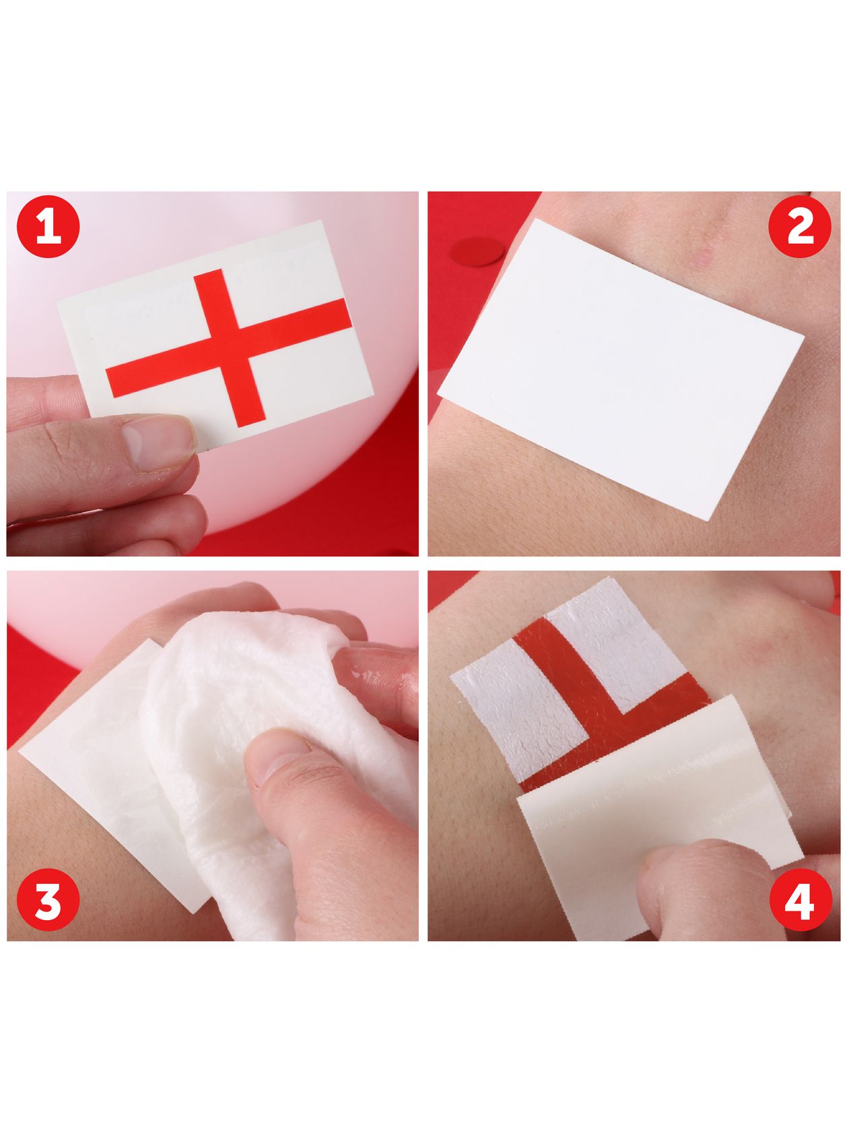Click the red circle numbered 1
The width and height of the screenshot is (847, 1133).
point(48,227)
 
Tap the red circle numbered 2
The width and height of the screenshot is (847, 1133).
point(800,226)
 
